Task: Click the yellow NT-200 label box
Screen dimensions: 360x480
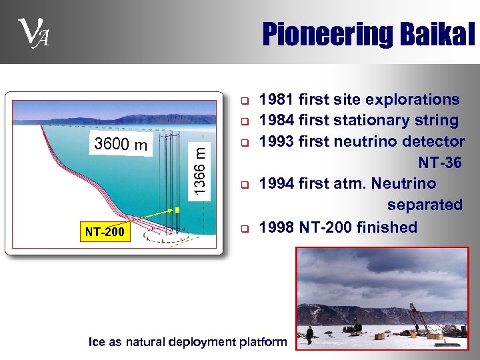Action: coord(104,233)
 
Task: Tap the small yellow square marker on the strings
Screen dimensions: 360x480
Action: coord(177,210)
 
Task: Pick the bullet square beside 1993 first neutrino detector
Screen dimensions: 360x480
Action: coord(245,143)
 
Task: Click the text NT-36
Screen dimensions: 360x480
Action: coord(439,163)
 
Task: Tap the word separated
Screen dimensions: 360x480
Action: coord(425,205)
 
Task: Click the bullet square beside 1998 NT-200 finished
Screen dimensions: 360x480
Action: coord(245,228)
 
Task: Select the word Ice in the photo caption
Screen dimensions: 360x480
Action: coord(97,342)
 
